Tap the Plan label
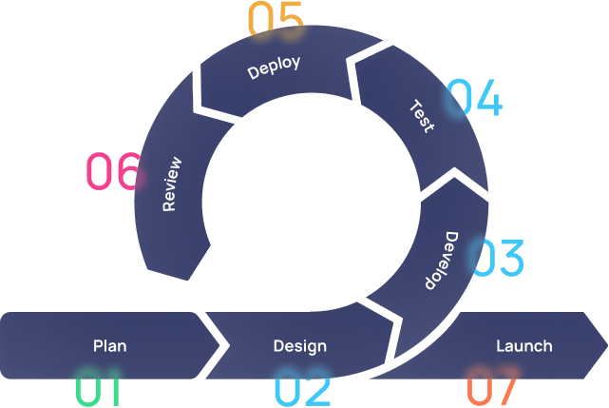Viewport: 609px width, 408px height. pos(109,346)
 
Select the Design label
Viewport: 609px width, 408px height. pos(299,346)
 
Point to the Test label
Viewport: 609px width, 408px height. pos(421,115)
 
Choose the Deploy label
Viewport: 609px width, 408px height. pos(274,68)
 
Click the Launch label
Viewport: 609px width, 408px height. pos(523,346)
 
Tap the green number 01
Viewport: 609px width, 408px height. pos(99,391)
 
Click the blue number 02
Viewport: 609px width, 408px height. pos(302,391)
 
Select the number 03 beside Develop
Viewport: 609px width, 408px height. pos(498,259)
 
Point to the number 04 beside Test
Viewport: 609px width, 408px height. pos(474,100)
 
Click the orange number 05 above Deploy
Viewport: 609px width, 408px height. pos(276,20)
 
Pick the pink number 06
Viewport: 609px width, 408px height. pos(113,172)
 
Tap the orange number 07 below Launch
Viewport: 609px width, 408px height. pos(492,390)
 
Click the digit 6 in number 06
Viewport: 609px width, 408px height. pos(127,172)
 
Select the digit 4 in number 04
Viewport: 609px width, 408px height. pos(488,100)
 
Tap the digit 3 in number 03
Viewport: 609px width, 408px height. pos(510,259)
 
